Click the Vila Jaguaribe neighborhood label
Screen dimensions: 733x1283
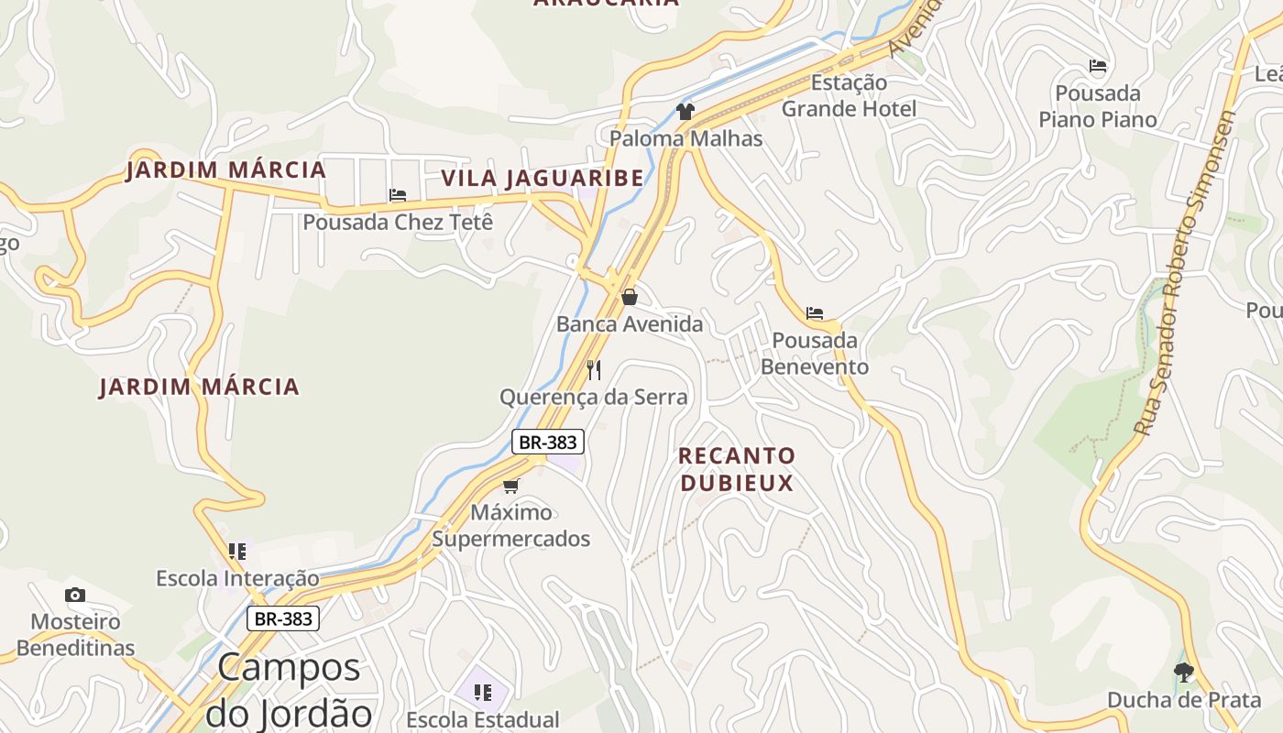(543, 178)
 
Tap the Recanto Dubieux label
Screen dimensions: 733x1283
(737, 469)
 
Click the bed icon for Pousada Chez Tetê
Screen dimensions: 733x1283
(398, 195)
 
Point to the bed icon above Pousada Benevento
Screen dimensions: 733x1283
(815, 313)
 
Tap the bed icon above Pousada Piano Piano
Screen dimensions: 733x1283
(1098, 66)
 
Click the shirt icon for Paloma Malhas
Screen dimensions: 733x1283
(685, 112)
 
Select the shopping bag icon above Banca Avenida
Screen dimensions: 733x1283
(630, 297)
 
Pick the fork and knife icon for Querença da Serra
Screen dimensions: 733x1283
(594, 370)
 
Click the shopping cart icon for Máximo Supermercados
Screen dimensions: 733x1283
(511, 486)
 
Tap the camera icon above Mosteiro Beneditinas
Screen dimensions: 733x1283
(75, 596)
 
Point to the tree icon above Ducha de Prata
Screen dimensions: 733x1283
(1184, 673)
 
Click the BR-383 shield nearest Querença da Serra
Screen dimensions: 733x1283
(547, 442)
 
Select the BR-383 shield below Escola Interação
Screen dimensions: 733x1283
(283, 618)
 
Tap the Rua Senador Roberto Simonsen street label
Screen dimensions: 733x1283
(1184, 275)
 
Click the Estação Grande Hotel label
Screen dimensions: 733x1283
(848, 96)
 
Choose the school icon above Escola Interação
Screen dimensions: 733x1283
(237, 552)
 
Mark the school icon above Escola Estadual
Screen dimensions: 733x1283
(483, 692)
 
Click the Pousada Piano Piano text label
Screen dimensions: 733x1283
(1098, 106)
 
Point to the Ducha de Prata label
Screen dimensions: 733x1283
(1184, 700)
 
